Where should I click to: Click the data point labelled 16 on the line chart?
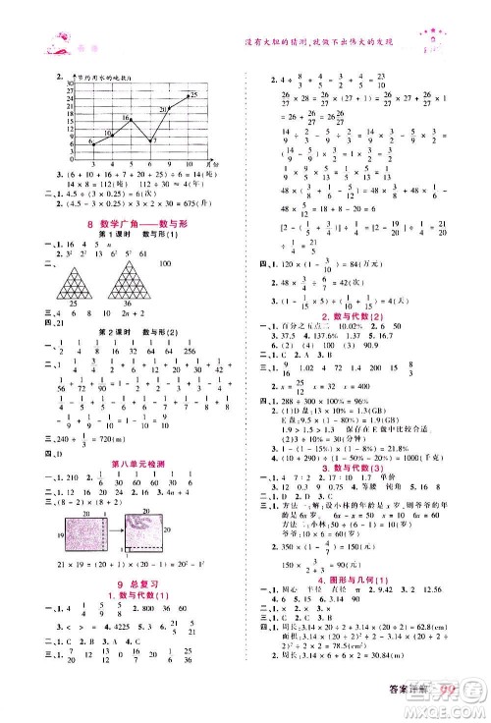click(x=126, y=123)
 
